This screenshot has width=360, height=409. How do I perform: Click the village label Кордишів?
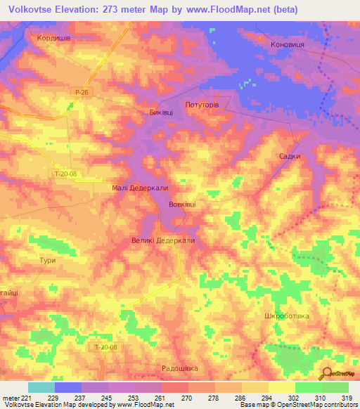coord(49,39)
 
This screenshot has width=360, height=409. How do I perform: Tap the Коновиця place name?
coord(288,44)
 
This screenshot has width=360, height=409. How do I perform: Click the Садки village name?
coord(290,157)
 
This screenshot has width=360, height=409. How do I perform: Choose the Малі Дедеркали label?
coord(140,188)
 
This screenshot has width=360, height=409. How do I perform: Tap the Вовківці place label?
coord(182,204)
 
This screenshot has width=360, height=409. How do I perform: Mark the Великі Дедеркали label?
coord(162,240)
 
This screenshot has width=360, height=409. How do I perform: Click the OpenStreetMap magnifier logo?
coord(326,372)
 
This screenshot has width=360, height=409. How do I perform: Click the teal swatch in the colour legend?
coord(41,387)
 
